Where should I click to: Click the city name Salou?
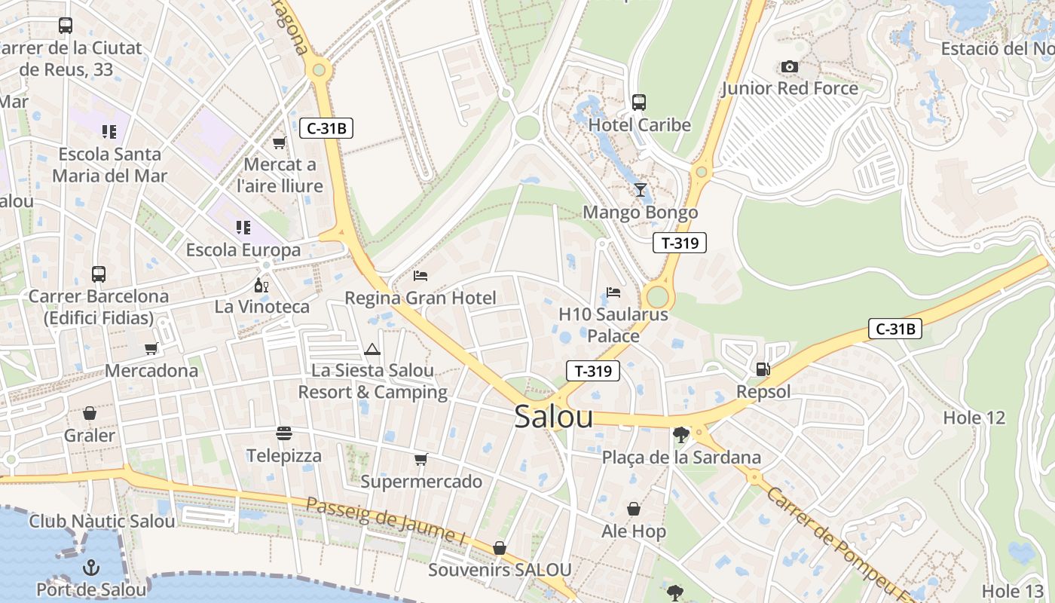[x=553, y=417]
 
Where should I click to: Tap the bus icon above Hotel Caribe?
[x=639, y=102]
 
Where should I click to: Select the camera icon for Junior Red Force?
[x=789, y=67]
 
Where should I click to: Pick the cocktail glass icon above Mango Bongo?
[x=640, y=189]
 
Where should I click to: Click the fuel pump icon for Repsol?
[x=763, y=369]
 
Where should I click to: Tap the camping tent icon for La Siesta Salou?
[x=372, y=349]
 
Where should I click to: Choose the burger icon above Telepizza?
[x=284, y=433]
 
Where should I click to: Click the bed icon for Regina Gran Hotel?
[x=420, y=276]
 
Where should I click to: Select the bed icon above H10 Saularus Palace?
[x=613, y=292]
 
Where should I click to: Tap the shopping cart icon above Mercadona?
[x=151, y=348]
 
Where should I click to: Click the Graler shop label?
[x=90, y=436]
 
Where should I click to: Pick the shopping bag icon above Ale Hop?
[x=634, y=510]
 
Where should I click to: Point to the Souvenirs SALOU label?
[x=500, y=570]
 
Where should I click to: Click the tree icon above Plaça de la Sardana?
[x=681, y=434]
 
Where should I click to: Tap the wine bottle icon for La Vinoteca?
[x=261, y=286]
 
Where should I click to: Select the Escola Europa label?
[x=243, y=250]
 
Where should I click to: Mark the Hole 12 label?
[x=974, y=418]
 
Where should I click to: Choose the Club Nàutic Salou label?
[x=102, y=521]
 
